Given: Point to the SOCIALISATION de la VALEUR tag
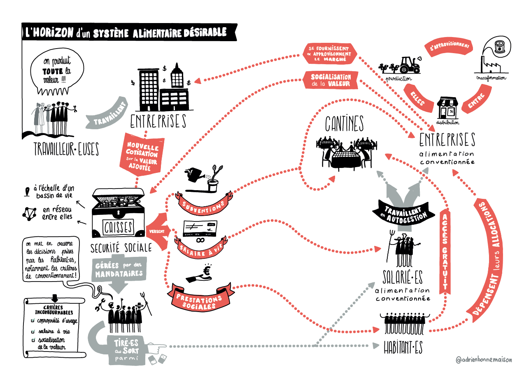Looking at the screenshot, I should (331, 80).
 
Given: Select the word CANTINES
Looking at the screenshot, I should (345, 123).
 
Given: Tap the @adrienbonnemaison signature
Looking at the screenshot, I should (484, 359).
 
